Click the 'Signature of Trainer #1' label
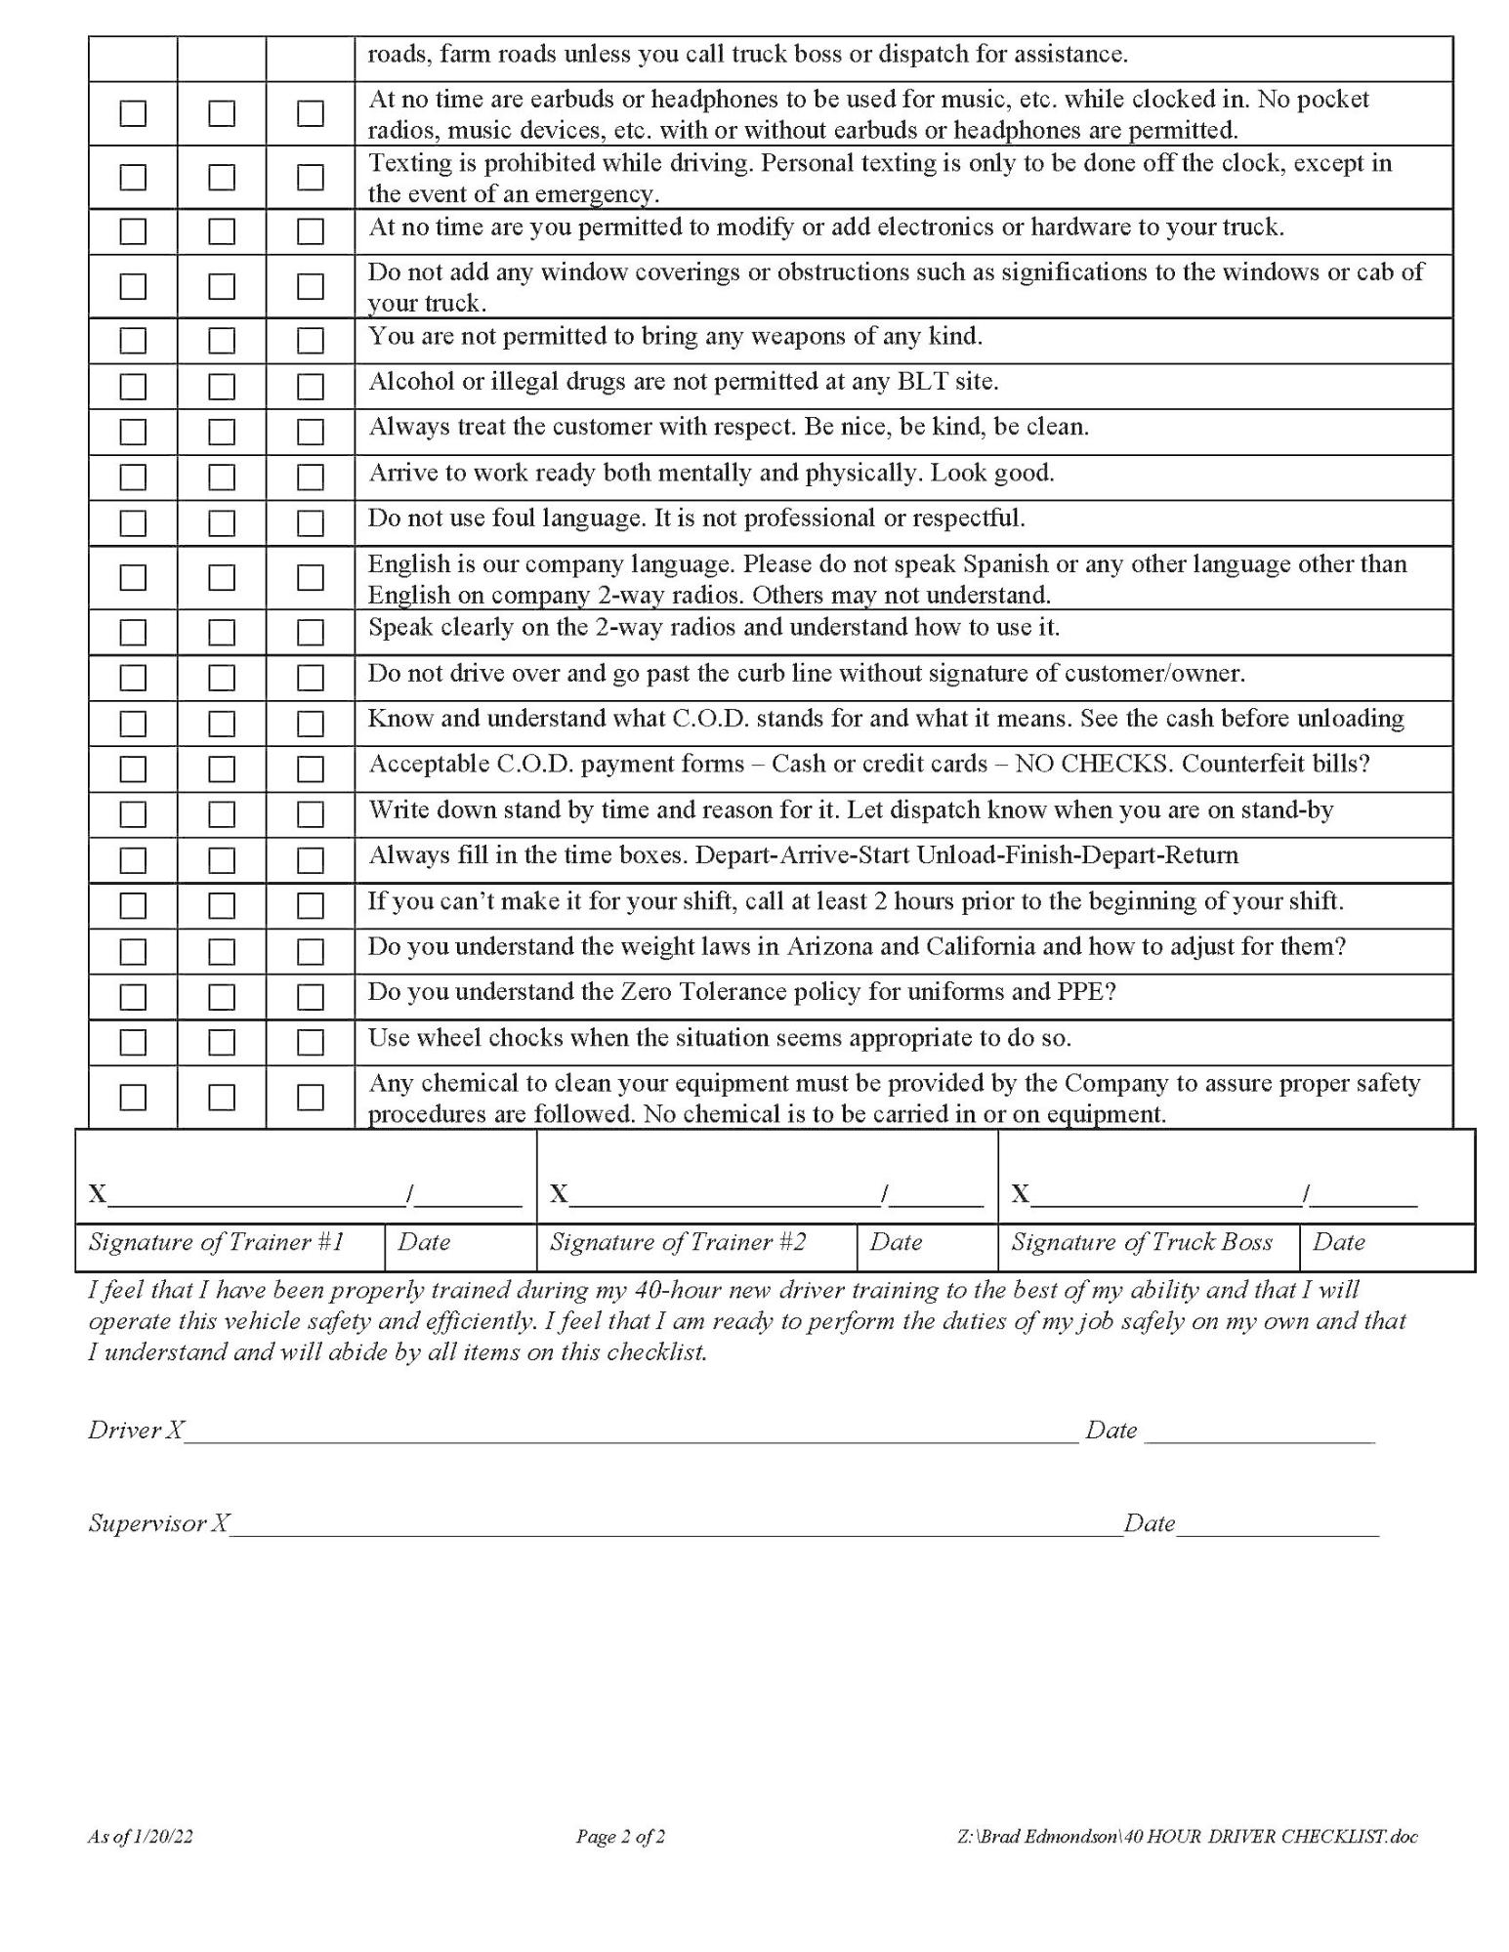[x=216, y=1242]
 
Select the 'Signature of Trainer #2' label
[x=678, y=1242]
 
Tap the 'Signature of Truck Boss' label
[x=1141, y=1242]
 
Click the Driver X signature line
[x=631, y=1433]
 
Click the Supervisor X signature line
[x=676, y=1525]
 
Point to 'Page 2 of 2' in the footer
[x=620, y=1837]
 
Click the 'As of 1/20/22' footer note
[x=140, y=1837]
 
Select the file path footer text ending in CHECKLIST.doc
[x=1187, y=1837]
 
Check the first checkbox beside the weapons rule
[x=133, y=341]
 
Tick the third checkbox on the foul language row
[x=311, y=523]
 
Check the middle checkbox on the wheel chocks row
[x=222, y=1043]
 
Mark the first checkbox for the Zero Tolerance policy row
[x=133, y=997]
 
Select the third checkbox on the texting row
[x=311, y=178]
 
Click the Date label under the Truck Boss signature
[x=1338, y=1242]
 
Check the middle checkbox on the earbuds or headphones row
[x=222, y=114]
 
